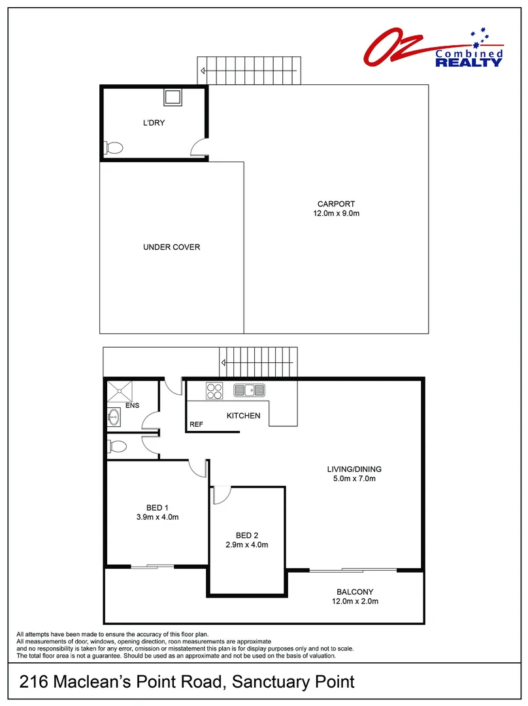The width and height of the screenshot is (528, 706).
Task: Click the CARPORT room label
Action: (x=336, y=204)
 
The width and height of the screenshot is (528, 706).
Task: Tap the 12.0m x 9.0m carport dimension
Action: (x=336, y=214)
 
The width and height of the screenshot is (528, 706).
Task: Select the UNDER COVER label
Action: (x=171, y=247)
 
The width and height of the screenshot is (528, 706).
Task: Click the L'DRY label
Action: (x=154, y=123)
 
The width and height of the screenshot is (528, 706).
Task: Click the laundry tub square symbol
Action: (x=173, y=97)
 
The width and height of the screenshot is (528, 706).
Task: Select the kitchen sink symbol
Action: (x=250, y=391)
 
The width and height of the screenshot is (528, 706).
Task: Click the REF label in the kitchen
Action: (x=196, y=425)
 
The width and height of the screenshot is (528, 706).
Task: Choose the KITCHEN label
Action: (x=243, y=416)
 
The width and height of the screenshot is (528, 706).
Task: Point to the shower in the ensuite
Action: (x=120, y=391)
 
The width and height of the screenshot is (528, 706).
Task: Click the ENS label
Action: (x=133, y=405)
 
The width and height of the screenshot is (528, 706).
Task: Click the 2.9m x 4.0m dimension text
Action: (x=246, y=545)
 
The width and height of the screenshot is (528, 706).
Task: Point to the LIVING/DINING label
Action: (x=354, y=469)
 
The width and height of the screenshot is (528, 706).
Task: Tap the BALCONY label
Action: (x=355, y=592)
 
